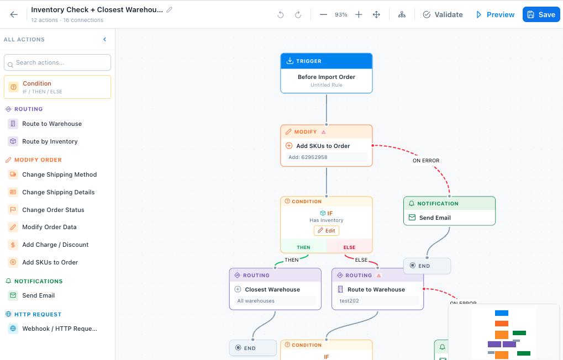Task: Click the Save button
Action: (541, 14)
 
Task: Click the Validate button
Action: (443, 14)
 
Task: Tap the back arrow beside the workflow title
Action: (14, 14)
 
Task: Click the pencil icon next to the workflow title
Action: (170, 10)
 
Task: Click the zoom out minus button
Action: (323, 14)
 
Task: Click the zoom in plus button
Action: (359, 14)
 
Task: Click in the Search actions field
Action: (57, 62)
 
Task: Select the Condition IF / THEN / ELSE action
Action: (57, 87)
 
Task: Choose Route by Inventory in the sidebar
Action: (50, 141)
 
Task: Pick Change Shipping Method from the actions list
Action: (59, 174)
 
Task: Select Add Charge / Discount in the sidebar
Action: (55, 245)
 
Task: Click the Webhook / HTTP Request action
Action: (59, 329)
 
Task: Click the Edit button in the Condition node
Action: (327, 231)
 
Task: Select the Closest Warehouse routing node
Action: (275, 289)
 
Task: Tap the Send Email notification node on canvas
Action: (449, 218)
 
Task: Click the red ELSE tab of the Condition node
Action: (349, 247)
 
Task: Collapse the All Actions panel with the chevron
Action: (105, 39)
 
